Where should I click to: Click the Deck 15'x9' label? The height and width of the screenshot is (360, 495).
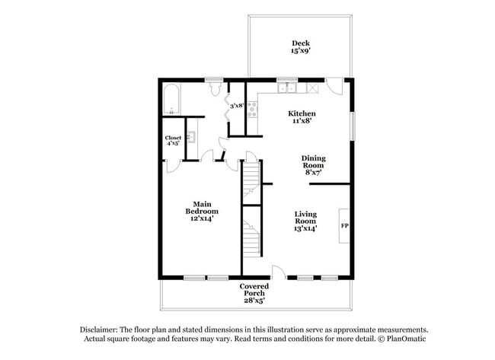[x=301, y=47]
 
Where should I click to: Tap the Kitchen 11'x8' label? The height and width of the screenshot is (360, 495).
[x=302, y=116]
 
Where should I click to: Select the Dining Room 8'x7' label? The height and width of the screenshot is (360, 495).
[x=313, y=165]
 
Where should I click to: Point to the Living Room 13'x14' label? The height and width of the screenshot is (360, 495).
[x=305, y=221]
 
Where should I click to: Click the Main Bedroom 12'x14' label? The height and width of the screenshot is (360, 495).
[x=202, y=211]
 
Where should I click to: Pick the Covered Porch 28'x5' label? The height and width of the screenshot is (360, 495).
[x=254, y=293]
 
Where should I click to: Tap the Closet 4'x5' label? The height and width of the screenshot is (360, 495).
[x=173, y=140]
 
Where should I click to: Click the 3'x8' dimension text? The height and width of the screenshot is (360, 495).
[x=237, y=106]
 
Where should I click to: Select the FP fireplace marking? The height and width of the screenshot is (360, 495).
[x=344, y=225]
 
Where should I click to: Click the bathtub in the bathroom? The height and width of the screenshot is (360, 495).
[x=171, y=99]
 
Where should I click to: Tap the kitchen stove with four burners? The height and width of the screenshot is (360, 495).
[x=252, y=110]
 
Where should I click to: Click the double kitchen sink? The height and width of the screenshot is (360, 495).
[x=287, y=88]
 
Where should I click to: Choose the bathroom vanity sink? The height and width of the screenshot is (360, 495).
[x=191, y=137]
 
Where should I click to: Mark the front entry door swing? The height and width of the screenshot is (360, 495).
[x=279, y=272]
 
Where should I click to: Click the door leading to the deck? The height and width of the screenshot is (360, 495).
[x=334, y=86]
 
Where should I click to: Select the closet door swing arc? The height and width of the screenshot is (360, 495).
[x=174, y=166]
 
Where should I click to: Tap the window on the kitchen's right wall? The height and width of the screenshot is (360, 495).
[x=353, y=126]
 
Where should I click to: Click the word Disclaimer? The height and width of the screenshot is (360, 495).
[x=99, y=330]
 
